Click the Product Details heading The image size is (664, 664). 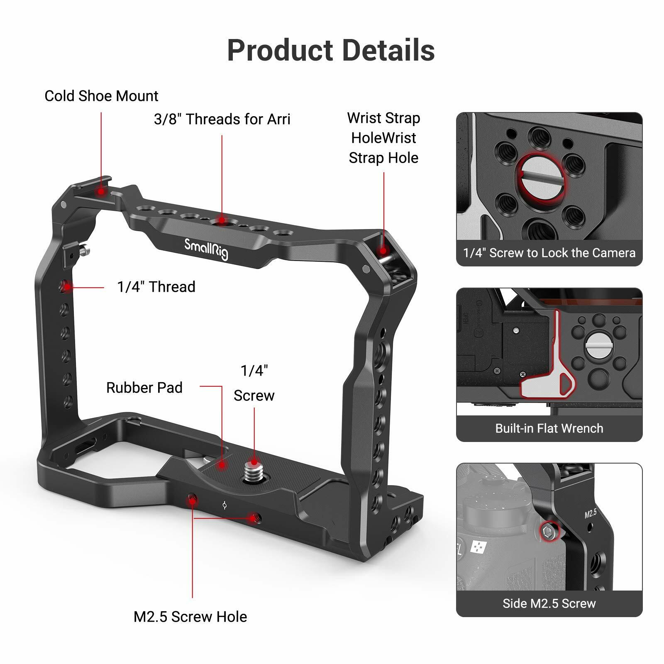pyautogui.click(x=331, y=51)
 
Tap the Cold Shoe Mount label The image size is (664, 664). pyautogui.click(x=101, y=96)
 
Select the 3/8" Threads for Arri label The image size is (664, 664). pyautogui.click(x=222, y=120)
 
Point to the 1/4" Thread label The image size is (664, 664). pyautogui.click(x=156, y=287)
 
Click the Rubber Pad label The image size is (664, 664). pyautogui.click(x=144, y=388)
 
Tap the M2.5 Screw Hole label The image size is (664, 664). pyautogui.click(x=190, y=617)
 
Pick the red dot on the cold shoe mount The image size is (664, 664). pyautogui.click(x=100, y=191)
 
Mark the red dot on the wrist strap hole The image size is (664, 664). pyautogui.click(x=383, y=250)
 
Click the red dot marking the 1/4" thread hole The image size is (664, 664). pyautogui.click(x=67, y=286)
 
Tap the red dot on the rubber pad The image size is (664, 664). pyautogui.click(x=222, y=464)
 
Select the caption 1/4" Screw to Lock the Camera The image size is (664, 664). pyautogui.click(x=549, y=253)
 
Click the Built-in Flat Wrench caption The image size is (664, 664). pyautogui.click(x=549, y=428)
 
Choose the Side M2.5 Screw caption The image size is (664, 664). pyautogui.click(x=549, y=603)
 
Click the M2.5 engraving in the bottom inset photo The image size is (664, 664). pyautogui.click(x=591, y=513)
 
